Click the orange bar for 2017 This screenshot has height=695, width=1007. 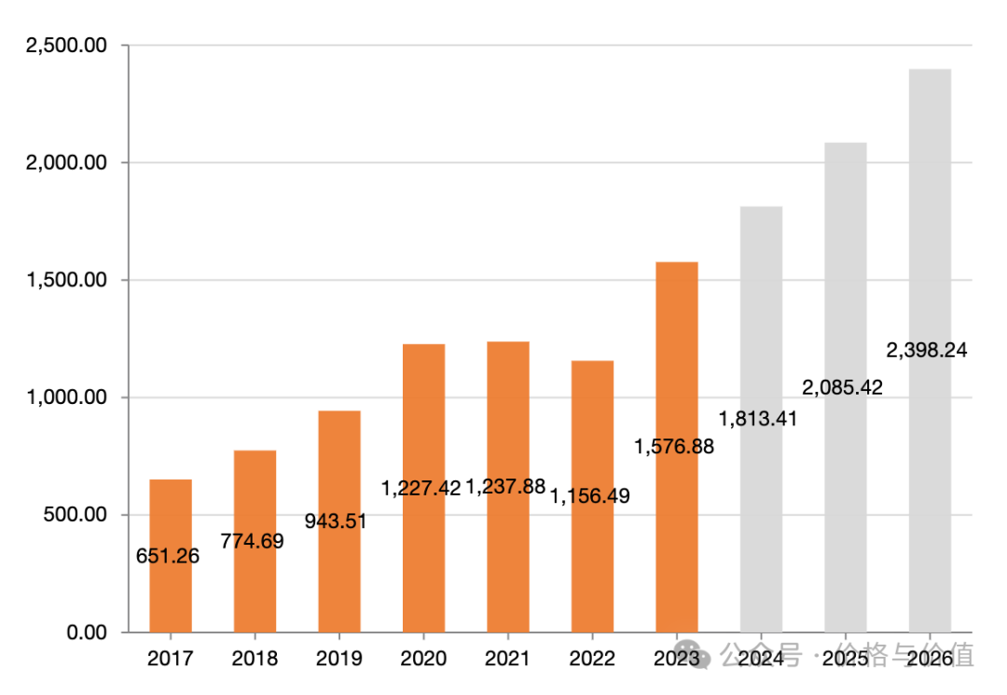point(171,522)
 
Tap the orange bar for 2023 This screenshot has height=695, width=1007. point(677,373)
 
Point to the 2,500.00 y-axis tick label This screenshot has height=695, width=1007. point(66,46)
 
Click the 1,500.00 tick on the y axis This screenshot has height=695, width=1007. point(66,281)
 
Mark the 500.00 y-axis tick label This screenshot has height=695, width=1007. point(74,515)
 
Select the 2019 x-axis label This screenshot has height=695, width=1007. point(339,659)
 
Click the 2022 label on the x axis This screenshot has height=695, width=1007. point(592,659)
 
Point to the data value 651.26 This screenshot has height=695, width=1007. point(168,557)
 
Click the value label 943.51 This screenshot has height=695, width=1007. point(336,521)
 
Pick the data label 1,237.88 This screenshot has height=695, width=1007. point(505,486)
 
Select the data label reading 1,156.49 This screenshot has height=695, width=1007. point(590,496)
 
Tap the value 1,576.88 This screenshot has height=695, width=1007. point(674,447)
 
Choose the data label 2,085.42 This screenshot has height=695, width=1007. point(843,387)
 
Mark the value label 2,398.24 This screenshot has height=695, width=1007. point(927,351)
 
